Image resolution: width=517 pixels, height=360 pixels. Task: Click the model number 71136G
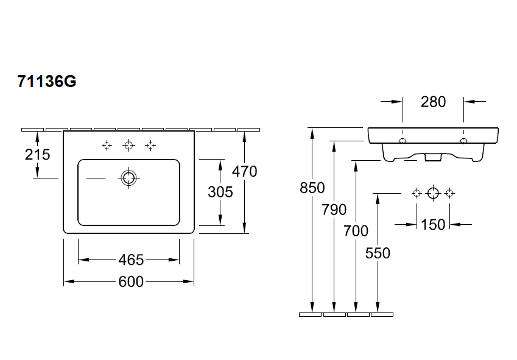46,81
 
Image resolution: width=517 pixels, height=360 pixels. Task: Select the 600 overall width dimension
131,281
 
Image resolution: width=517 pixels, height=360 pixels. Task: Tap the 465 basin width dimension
131,259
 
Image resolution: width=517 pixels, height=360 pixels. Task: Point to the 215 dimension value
37,154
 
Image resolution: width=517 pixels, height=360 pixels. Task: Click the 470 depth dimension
244,171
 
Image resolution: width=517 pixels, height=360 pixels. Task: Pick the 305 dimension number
220,192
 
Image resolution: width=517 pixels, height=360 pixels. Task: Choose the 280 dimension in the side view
433,102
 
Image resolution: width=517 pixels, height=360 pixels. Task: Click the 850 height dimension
312,188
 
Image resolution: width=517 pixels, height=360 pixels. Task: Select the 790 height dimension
334,210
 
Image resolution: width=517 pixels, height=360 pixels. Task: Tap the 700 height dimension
356,231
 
